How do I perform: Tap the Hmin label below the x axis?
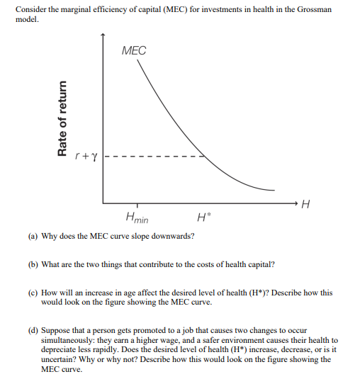tap(136, 217)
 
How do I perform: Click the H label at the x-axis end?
tap(305, 205)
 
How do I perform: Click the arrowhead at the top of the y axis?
tap(103, 34)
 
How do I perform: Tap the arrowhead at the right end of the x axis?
tap(293, 202)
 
